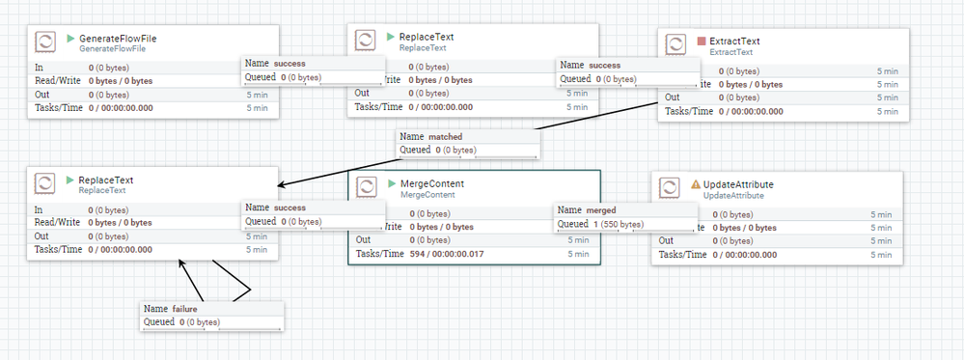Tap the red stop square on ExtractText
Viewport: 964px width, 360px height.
pos(702,42)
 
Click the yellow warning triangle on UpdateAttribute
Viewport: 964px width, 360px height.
pos(695,183)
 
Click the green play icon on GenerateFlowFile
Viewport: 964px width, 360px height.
pos(70,39)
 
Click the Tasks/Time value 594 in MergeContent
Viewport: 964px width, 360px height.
pos(418,254)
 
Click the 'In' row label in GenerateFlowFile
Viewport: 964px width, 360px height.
pos(39,68)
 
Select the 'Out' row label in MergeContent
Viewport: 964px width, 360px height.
pos(363,239)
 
